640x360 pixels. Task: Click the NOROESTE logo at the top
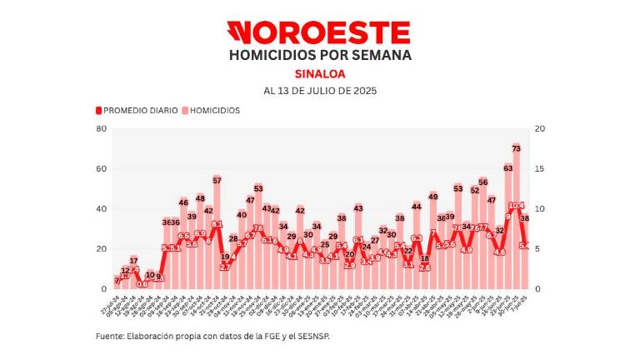pyautogui.click(x=319, y=32)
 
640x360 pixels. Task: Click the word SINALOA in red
pyautogui.click(x=319, y=73)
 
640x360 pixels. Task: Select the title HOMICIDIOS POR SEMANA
pyautogui.click(x=319, y=56)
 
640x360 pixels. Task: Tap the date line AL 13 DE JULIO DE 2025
pyautogui.click(x=319, y=91)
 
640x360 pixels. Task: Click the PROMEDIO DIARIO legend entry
pyautogui.click(x=137, y=110)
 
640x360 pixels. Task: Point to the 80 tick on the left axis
pyautogui.click(x=101, y=128)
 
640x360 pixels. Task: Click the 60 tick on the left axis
pyautogui.click(x=101, y=168)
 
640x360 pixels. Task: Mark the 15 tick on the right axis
pyautogui.click(x=540, y=168)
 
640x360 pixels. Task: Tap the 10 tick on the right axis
pyautogui.click(x=540, y=208)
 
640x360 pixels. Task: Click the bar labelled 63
pyautogui.click(x=507, y=229)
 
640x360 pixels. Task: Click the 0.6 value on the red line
pyautogui.click(x=142, y=284)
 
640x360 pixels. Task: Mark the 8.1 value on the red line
pyautogui.click(x=217, y=224)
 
